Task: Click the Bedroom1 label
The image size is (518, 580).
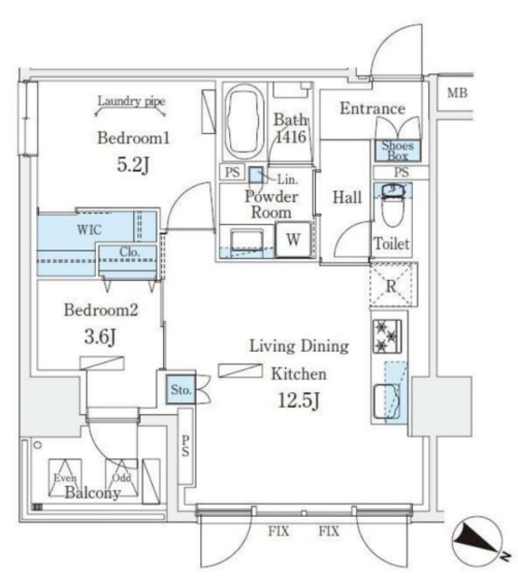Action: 134,139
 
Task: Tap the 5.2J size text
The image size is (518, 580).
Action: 134,167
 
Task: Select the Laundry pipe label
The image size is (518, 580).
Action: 131,102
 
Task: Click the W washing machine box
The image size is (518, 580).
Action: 293,240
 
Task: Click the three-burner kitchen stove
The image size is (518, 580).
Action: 388,336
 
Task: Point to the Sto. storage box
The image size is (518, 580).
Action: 179,390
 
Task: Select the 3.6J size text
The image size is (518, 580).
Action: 100,337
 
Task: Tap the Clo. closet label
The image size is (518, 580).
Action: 128,253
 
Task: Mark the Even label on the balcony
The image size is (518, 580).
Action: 64,478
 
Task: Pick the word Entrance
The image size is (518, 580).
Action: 371,110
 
